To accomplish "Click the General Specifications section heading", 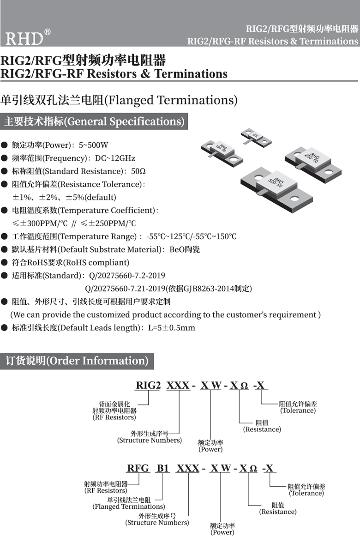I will [x=94, y=121].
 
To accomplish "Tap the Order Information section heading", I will [x=77, y=361].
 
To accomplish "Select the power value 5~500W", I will [x=94, y=145].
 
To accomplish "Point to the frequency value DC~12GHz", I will [x=115, y=158].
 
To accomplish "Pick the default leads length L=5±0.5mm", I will [x=171, y=328].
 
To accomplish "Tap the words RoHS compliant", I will [x=98, y=262].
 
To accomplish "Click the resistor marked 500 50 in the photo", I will [x=276, y=187].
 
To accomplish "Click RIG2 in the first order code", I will [x=148, y=385].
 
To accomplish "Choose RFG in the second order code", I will [x=138, y=468].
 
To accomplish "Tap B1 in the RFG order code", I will [x=163, y=468].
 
